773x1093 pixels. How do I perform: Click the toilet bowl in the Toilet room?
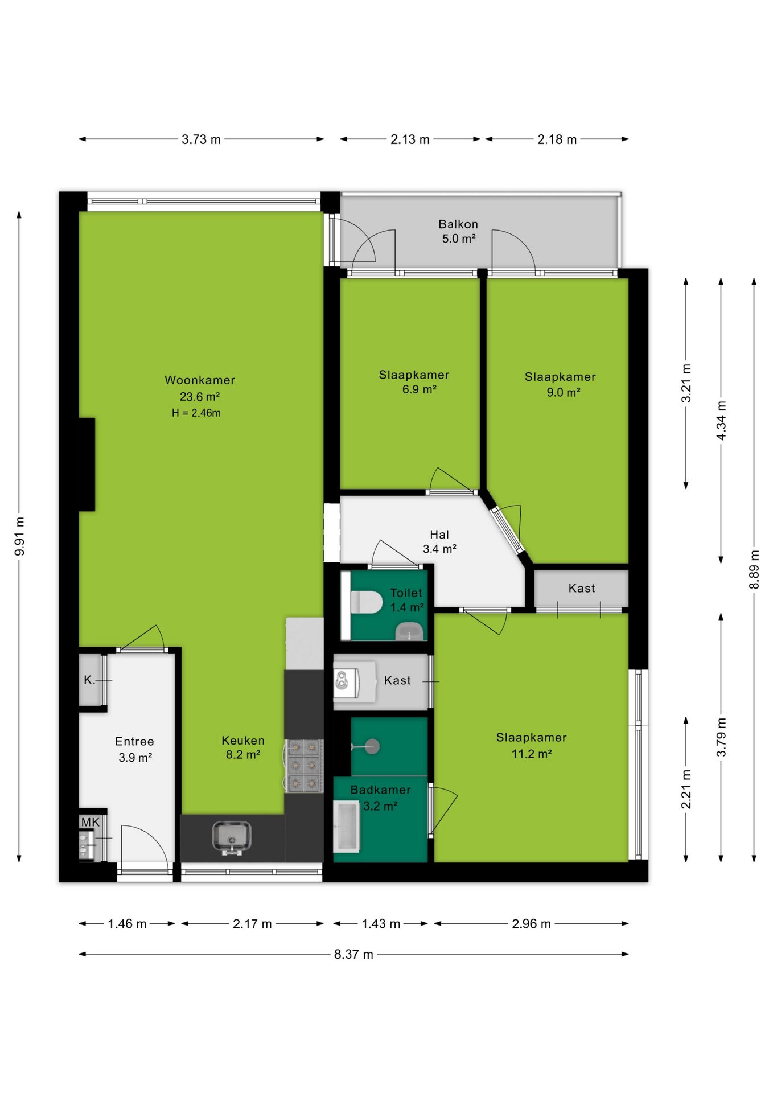pos(366,602)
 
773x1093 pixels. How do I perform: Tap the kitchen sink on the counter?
pos(232,837)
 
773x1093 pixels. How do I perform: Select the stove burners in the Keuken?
pos(304,765)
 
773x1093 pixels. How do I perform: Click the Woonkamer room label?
pos(200,380)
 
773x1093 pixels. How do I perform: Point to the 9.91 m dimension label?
pos(19,537)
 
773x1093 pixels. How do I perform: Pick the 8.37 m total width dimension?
pos(353,954)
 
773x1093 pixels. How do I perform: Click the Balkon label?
pos(458,224)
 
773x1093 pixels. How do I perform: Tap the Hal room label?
pos(439,535)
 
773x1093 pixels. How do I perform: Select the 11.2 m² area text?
pos(532,754)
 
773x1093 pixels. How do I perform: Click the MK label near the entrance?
pos(91,822)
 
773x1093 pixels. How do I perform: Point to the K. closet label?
pos(89,680)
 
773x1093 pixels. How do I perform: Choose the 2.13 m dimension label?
pos(410,139)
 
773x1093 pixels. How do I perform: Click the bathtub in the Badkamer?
pos(347,826)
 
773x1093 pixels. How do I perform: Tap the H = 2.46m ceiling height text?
pos(196,413)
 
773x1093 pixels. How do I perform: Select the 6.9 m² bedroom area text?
pos(420,389)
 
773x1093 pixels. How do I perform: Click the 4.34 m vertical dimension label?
pos(721,421)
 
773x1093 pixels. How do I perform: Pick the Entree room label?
pos(134,741)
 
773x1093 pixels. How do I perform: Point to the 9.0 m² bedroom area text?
pos(564,392)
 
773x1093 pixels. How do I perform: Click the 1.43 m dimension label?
pos(381,924)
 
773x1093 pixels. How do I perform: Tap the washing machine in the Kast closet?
pos(346,680)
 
